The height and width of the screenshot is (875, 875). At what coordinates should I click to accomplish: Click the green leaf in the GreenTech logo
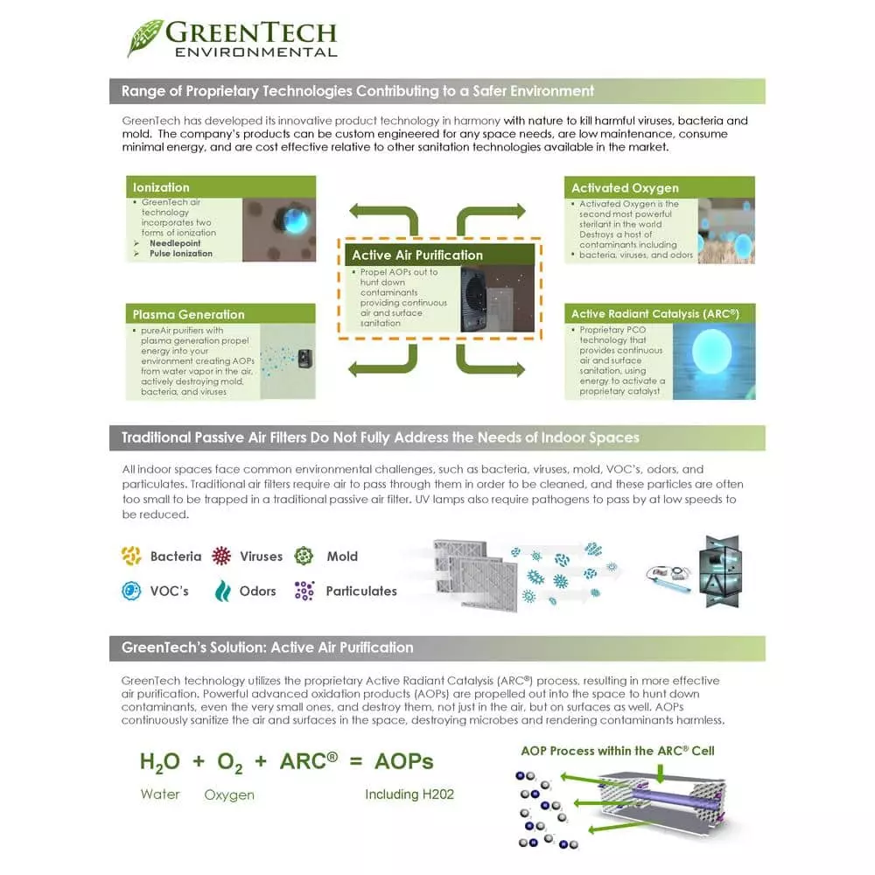point(144,38)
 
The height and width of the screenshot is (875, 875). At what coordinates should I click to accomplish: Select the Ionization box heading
point(161,187)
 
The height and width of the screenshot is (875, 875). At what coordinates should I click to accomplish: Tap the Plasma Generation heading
point(188,314)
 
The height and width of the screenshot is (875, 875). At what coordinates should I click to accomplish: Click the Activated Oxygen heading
point(625,188)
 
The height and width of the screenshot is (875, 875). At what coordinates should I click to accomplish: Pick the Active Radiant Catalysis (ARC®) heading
point(655,314)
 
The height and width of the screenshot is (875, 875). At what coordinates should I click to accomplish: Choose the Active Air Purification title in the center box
point(416,255)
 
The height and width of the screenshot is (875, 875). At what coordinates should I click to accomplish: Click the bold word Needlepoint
point(175,243)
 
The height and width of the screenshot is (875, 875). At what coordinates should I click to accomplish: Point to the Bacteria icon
point(131,556)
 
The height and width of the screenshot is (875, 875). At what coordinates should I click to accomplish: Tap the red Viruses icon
point(222,556)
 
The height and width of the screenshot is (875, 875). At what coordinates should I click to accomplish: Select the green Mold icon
point(304,556)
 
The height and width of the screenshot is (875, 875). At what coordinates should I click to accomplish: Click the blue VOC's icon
point(131,591)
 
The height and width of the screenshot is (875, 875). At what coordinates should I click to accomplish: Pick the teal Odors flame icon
point(222,591)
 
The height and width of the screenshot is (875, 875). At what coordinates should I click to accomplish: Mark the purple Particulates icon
point(304,591)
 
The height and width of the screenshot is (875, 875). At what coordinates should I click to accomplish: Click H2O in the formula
point(159,762)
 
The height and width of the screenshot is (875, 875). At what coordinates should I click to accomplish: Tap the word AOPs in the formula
point(403,761)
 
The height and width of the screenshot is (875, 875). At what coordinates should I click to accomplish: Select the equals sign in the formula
point(355,761)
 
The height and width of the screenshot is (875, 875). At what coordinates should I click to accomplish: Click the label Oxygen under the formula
point(229,794)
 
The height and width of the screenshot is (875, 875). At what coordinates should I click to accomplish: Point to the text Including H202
point(409,794)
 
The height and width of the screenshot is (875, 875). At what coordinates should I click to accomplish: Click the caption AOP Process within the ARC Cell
point(618,751)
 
